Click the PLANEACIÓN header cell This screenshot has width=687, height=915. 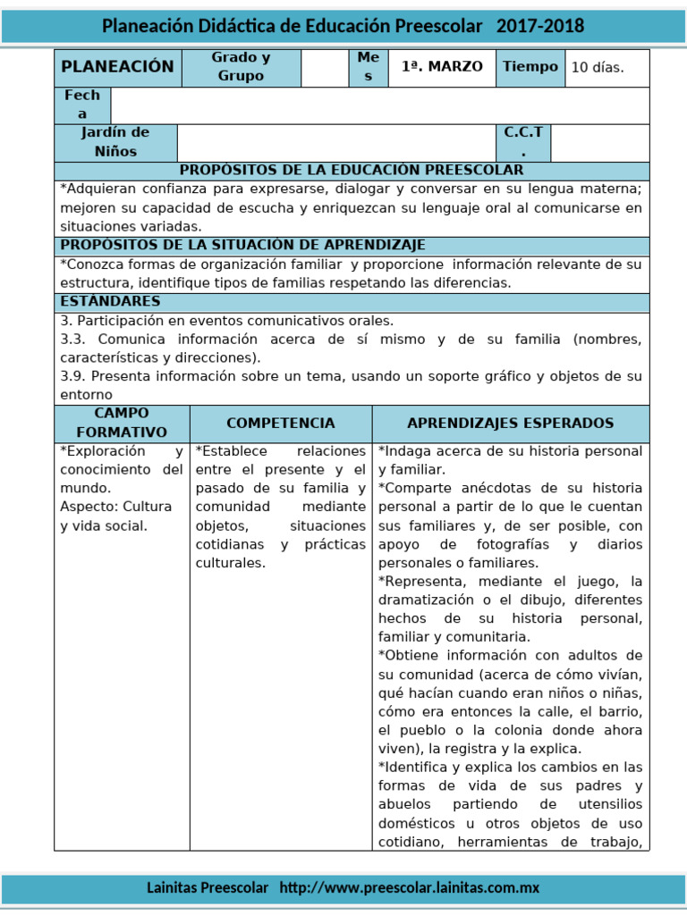(117, 67)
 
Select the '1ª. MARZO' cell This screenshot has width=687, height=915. (442, 67)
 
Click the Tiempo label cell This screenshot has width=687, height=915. (530, 67)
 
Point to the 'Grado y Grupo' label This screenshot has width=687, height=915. (241, 67)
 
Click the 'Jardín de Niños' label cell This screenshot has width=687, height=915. (115, 142)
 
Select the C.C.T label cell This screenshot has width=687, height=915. (523, 142)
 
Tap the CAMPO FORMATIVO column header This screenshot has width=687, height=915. (122, 423)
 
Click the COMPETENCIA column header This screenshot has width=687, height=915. (281, 423)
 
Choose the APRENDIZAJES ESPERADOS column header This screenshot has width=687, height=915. (510, 423)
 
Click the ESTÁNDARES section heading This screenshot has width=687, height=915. (110, 301)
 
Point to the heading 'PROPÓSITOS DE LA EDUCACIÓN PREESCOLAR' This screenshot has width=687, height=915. (352, 170)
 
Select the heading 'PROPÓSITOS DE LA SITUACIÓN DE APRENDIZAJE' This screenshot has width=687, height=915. (242, 245)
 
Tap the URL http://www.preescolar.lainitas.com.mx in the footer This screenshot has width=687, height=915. (410, 887)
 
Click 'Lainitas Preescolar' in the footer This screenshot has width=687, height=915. (208, 887)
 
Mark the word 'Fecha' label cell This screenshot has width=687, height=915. (82, 105)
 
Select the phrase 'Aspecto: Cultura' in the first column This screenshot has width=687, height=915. (115, 507)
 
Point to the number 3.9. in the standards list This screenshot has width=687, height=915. (73, 376)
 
